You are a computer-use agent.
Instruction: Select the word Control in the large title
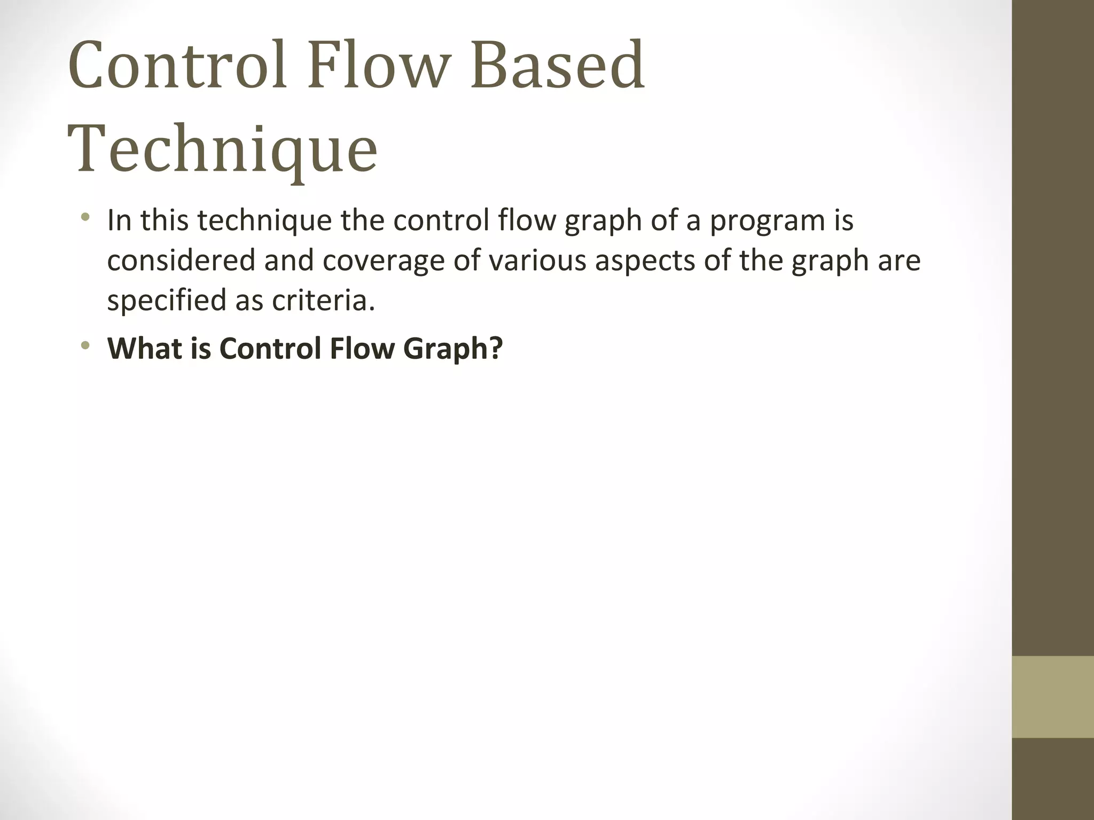pos(178,65)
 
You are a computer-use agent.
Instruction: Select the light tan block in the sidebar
pos(1053,697)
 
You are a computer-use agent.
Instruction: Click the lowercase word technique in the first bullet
pos(264,220)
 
